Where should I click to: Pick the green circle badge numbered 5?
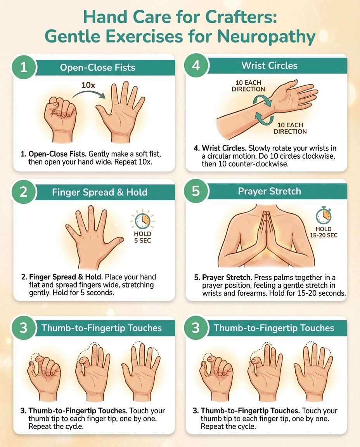(x=196, y=191)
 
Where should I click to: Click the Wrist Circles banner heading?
(x=269, y=66)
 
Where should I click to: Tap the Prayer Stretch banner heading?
(x=269, y=192)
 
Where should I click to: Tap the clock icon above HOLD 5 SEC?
(x=142, y=221)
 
